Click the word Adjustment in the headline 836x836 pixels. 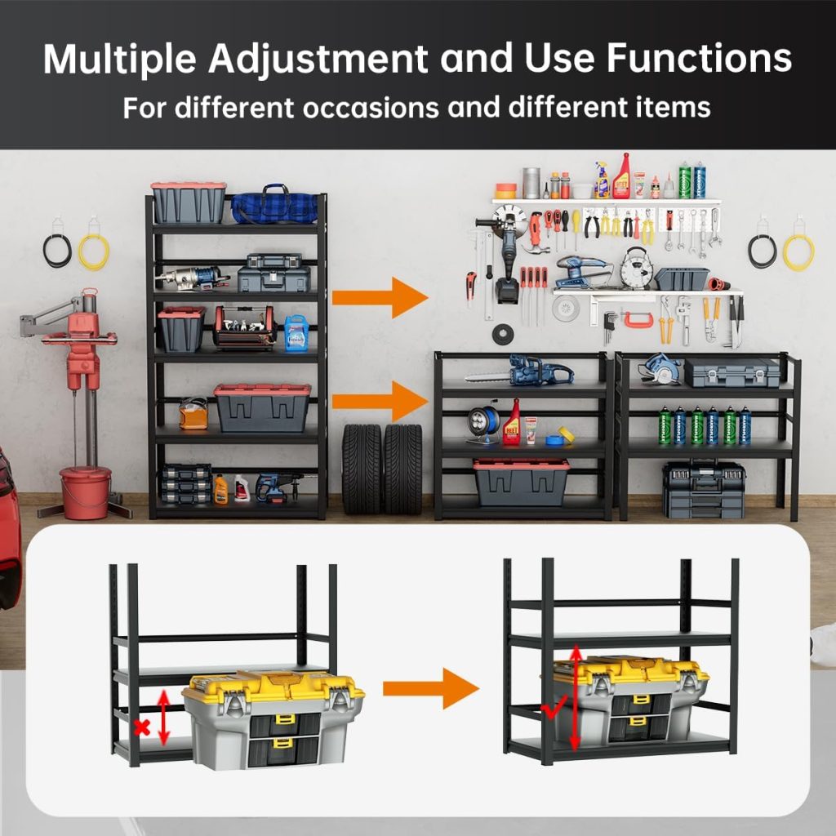tap(318, 59)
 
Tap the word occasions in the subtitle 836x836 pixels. tap(371, 108)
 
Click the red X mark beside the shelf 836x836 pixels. tap(142, 727)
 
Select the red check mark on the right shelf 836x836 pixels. tap(554, 709)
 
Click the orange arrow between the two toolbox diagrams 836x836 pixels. tap(430, 688)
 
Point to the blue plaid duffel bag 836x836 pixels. tap(274, 205)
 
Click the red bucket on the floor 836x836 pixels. tap(85, 492)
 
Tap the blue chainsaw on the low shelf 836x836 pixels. tap(519, 370)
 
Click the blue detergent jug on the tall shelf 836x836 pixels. tap(296, 334)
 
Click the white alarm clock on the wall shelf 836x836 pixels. tap(635, 269)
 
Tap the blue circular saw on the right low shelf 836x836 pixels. tap(660, 368)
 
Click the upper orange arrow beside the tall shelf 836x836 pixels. tap(380, 297)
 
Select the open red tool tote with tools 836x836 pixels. tap(245, 327)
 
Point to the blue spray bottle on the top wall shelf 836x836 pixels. tap(603, 180)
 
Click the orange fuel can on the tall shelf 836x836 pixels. tap(193, 414)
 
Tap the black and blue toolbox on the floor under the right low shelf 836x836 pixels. tap(704, 490)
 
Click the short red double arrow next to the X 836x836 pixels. tap(163, 717)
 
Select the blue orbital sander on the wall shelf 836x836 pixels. tap(581, 272)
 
